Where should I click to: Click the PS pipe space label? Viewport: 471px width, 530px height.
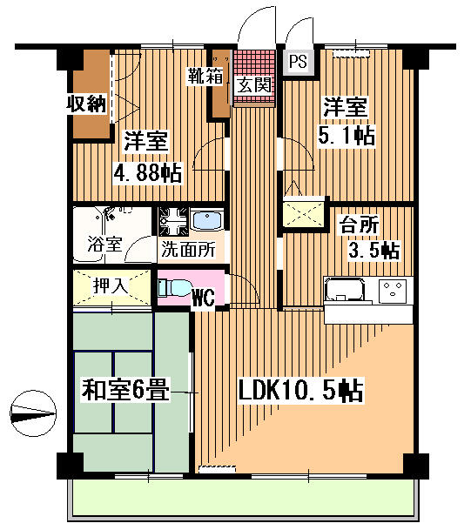298,62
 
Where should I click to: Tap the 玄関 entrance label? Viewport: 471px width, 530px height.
254,84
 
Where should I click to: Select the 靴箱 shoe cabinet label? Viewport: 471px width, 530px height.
205,77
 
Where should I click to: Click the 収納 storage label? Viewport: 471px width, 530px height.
86,104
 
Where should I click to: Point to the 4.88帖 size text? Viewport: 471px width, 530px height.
148,172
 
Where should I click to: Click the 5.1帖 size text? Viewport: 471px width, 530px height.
347,136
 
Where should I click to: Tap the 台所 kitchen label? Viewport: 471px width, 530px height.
359,225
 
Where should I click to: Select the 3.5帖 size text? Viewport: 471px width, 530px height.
374,251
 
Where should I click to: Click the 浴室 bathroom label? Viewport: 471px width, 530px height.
104,244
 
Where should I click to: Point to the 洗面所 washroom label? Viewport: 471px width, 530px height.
188,250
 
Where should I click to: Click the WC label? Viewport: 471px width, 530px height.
204,298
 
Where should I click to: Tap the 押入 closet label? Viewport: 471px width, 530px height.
111,286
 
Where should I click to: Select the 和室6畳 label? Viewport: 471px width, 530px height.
125,390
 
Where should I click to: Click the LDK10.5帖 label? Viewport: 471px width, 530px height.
300,391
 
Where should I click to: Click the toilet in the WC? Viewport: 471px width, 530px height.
173,288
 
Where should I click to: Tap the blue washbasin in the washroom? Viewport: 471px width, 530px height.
207,220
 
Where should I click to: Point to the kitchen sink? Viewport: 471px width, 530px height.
345,290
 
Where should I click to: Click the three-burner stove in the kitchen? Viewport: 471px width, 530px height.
393,290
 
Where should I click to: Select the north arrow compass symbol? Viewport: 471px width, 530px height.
33,413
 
